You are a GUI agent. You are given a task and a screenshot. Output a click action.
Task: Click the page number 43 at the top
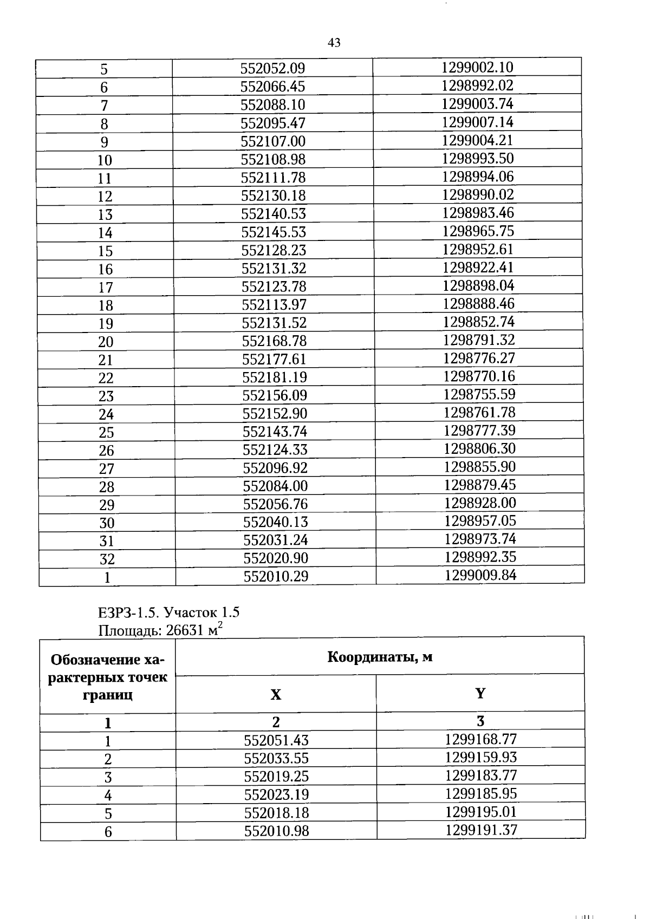pyautogui.click(x=334, y=43)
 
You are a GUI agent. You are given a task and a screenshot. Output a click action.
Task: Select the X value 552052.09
pyautogui.click(x=272, y=68)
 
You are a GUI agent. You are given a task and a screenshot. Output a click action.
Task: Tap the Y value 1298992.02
pyautogui.click(x=477, y=86)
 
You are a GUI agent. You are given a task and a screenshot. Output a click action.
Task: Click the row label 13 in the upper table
pyautogui.click(x=105, y=214)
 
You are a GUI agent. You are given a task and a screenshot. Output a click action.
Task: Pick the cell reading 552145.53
pyautogui.click(x=274, y=232)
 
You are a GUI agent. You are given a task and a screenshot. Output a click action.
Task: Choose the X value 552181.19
pyautogui.click(x=275, y=377)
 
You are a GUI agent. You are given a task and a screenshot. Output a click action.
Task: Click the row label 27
pyautogui.click(x=107, y=468)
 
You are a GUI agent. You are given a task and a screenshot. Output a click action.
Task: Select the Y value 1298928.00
pyautogui.click(x=480, y=503)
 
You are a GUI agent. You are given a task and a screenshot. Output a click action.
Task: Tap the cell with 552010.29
pyautogui.click(x=276, y=576)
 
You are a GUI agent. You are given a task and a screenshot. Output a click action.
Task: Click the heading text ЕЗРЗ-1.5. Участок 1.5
pyautogui.click(x=168, y=612)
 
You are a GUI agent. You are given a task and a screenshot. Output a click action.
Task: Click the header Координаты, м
pyautogui.click(x=380, y=657)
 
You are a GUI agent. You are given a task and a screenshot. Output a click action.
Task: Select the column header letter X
pyautogui.click(x=276, y=695)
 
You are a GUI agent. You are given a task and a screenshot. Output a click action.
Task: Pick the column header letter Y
pyautogui.click(x=480, y=694)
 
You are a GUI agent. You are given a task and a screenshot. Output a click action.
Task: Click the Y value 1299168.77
pyautogui.click(x=480, y=739)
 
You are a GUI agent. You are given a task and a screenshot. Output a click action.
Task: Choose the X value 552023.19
pyautogui.click(x=276, y=794)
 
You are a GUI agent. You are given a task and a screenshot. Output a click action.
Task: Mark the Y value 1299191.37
pyautogui.click(x=481, y=830)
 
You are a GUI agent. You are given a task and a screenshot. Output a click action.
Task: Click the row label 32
pyautogui.click(x=107, y=559)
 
